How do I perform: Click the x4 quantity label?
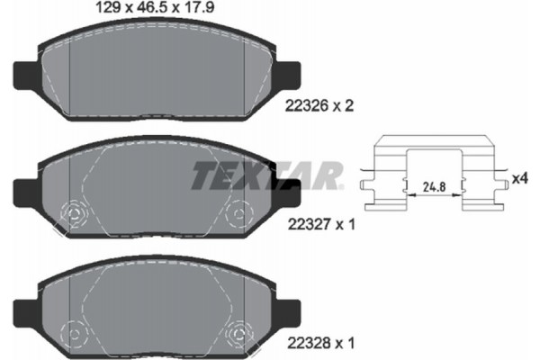[x=519, y=178]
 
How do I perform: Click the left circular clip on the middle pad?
[x=71, y=216]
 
